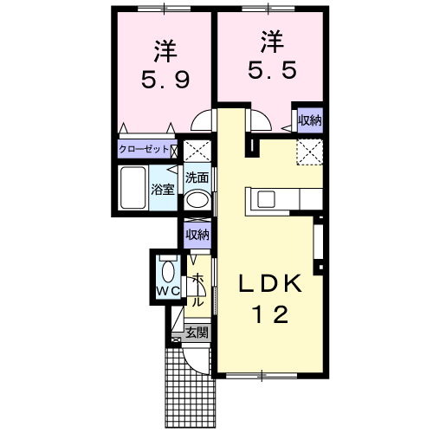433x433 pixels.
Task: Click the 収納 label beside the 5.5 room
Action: pos(309,120)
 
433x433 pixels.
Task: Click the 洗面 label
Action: pos(197,178)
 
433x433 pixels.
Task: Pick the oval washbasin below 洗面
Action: pos(197,199)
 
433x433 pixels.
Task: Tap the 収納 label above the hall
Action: pos(197,234)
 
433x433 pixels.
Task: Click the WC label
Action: pos(166,292)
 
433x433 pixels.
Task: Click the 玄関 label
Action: pos(197,332)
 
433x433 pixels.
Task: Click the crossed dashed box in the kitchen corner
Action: pos(310,152)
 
